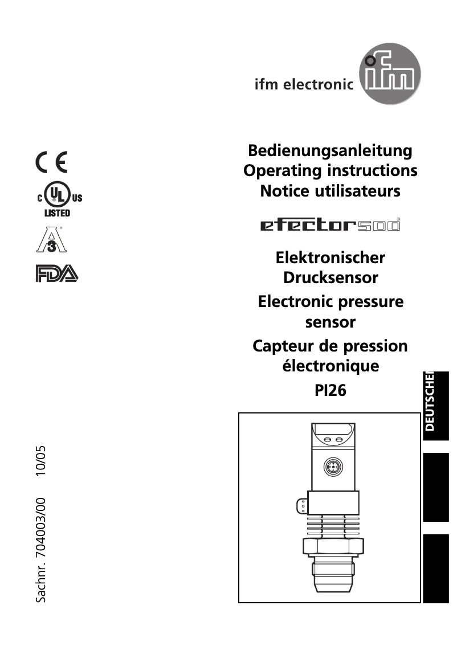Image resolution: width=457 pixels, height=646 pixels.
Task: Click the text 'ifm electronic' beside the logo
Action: pos(304,85)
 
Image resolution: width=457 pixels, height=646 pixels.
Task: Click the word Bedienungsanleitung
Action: pos(330,151)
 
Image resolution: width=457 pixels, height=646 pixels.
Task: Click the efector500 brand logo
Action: pos(330,225)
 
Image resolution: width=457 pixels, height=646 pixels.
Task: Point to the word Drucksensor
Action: pos(330,278)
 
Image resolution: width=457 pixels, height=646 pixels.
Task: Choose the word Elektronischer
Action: pos(330,257)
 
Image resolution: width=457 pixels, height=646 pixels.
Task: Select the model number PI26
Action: pos(330,391)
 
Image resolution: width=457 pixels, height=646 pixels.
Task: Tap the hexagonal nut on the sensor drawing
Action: pos(332,547)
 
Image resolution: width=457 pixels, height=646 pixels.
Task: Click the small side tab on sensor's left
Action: pos(300,505)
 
